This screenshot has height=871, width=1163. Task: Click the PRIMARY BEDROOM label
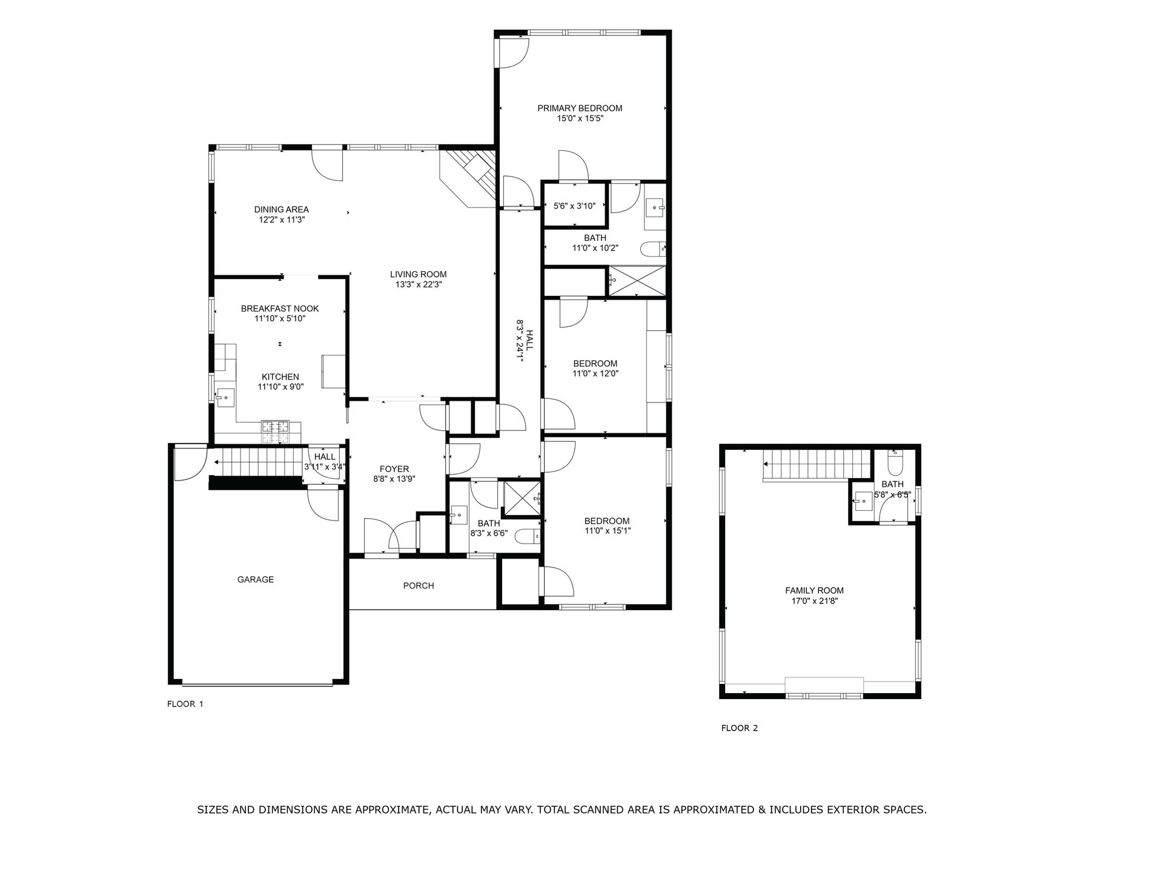pos(580,108)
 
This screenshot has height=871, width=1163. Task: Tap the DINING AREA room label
pos(281,209)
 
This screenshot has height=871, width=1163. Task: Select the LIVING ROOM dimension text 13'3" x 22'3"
pos(419,284)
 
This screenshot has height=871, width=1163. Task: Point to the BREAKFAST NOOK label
pos(280,309)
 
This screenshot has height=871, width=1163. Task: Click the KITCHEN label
pos(280,377)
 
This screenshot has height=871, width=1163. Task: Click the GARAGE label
pos(256,580)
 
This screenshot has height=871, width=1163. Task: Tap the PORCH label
pos(419,586)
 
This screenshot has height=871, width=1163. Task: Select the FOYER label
pos(394,469)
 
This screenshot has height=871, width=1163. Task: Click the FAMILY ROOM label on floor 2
pos(814,591)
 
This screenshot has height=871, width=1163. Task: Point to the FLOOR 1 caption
pos(185,704)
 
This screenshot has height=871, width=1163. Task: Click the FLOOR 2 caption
pos(740,728)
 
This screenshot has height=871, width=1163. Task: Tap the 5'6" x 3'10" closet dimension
pos(575,206)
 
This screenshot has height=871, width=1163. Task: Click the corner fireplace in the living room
pos(469,178)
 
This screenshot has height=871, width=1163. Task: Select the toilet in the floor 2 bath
pos(895,464)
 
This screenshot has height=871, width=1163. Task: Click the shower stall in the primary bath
pos(637,281)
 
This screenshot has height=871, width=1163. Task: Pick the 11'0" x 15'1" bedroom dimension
pos(607,531)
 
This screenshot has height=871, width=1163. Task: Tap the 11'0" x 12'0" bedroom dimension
pos(595,373)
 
